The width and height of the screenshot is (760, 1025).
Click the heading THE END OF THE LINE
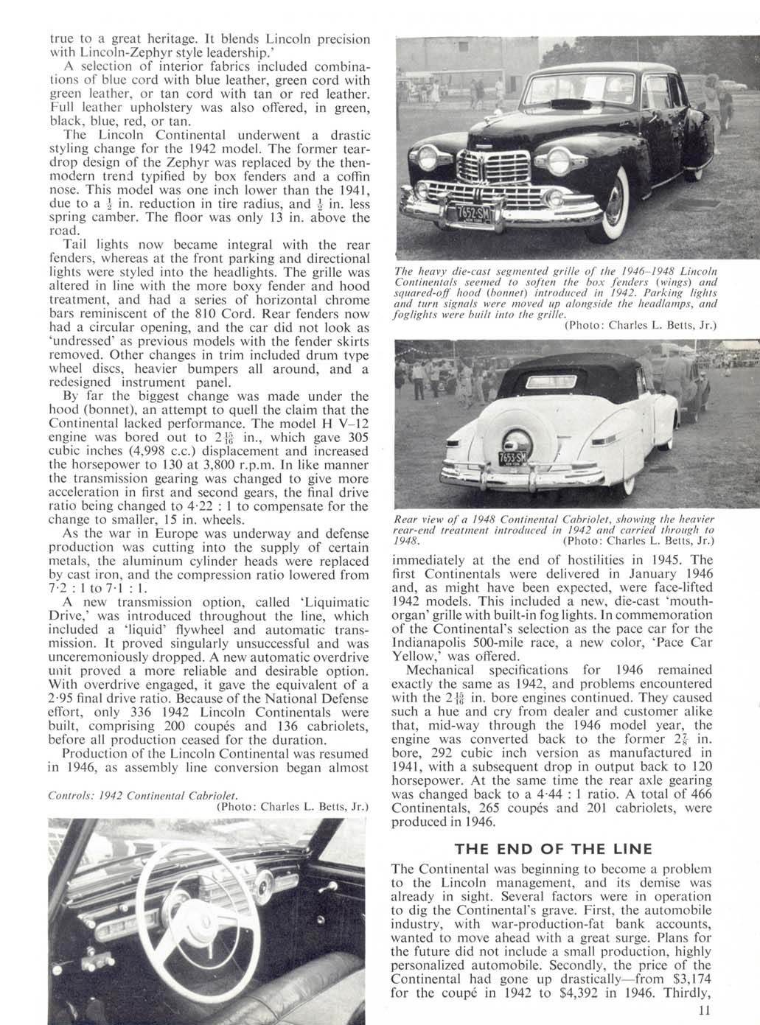554,848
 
